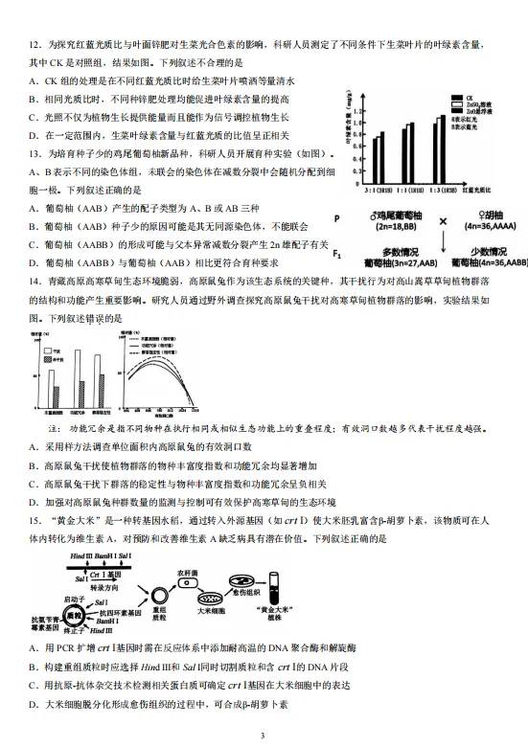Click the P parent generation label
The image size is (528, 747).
(x=336, y=219)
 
